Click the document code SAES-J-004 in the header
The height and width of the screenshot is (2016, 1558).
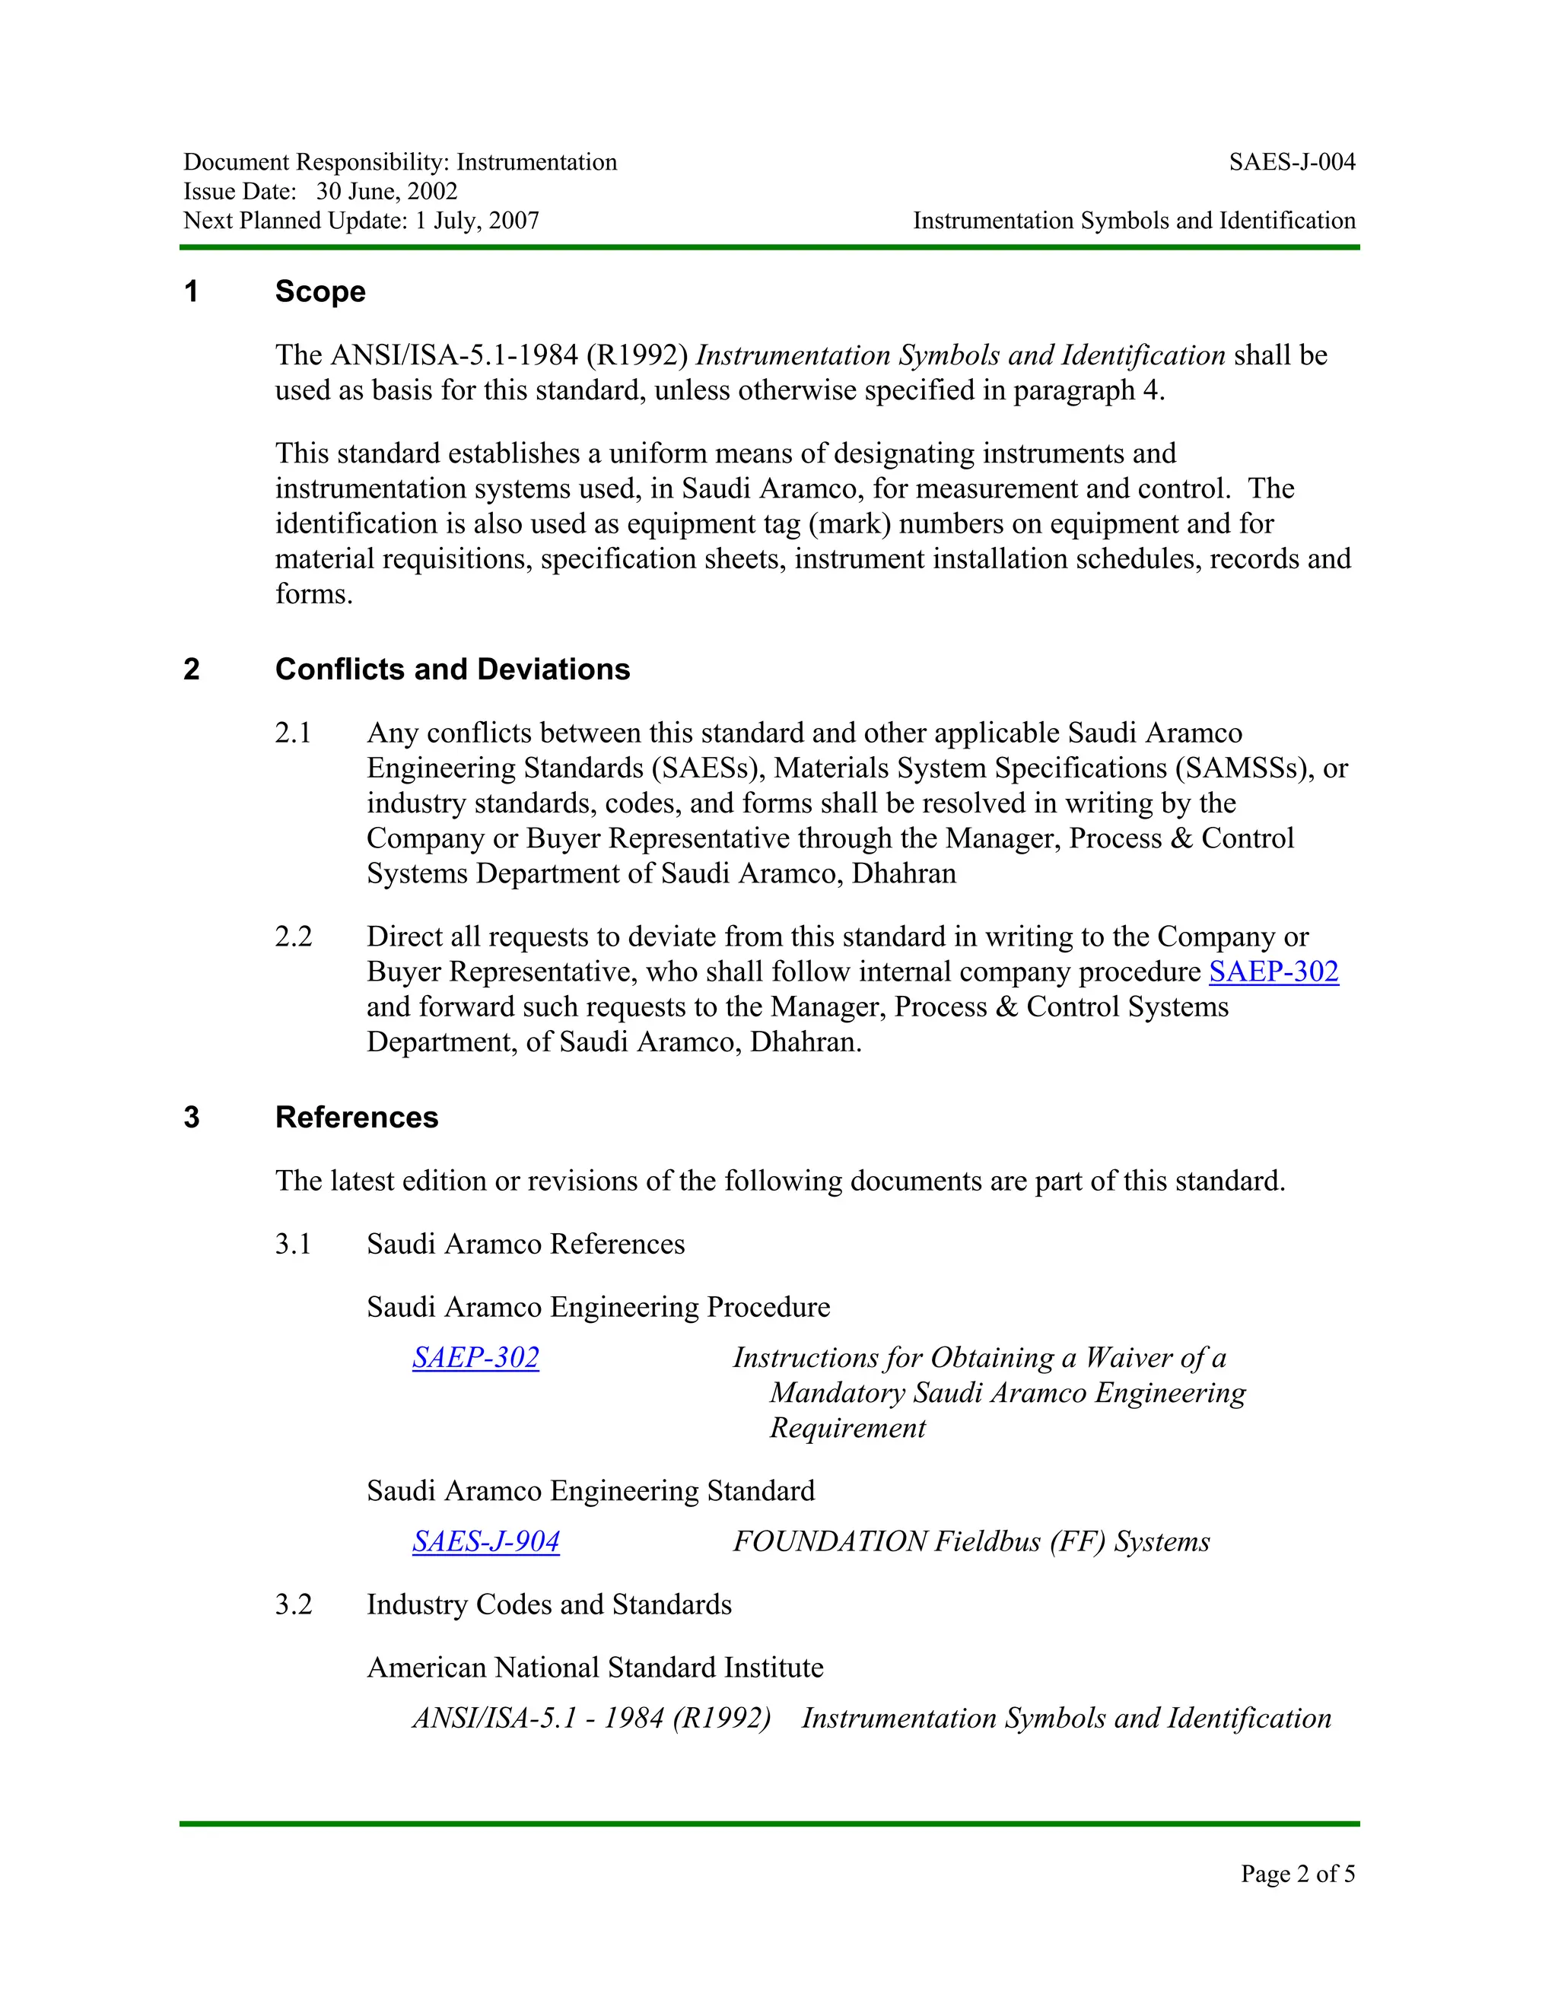[x=1291, y=163]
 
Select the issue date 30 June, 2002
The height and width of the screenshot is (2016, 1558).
[x=386, y=191]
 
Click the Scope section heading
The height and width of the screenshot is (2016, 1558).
[x=320, y=291]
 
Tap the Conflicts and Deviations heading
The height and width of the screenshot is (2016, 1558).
[x=453, y=669]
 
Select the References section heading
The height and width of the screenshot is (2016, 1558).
[x=356, y=1117]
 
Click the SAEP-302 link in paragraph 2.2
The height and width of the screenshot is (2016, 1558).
[x=1273, y=972]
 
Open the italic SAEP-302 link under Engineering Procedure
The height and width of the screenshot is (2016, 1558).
[x=475, y=1358]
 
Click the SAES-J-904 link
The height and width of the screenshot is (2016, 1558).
[x=485, y=1541]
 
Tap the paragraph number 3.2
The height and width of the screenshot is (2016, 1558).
[x=294, y=1604]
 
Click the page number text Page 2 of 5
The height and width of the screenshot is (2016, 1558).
[x=1297, y=1873]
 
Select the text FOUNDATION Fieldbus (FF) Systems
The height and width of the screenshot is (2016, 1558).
[x=971, y=1541]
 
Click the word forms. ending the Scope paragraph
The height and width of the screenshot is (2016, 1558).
[x=314, y=594]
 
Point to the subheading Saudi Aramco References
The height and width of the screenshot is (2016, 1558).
[x=525, y=1245]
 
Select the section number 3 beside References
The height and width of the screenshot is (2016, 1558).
[x=192, y=1117]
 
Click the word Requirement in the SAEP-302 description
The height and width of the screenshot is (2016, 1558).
[x=847, y=1428]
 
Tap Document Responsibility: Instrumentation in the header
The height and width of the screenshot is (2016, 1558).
[x=399, y=163]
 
